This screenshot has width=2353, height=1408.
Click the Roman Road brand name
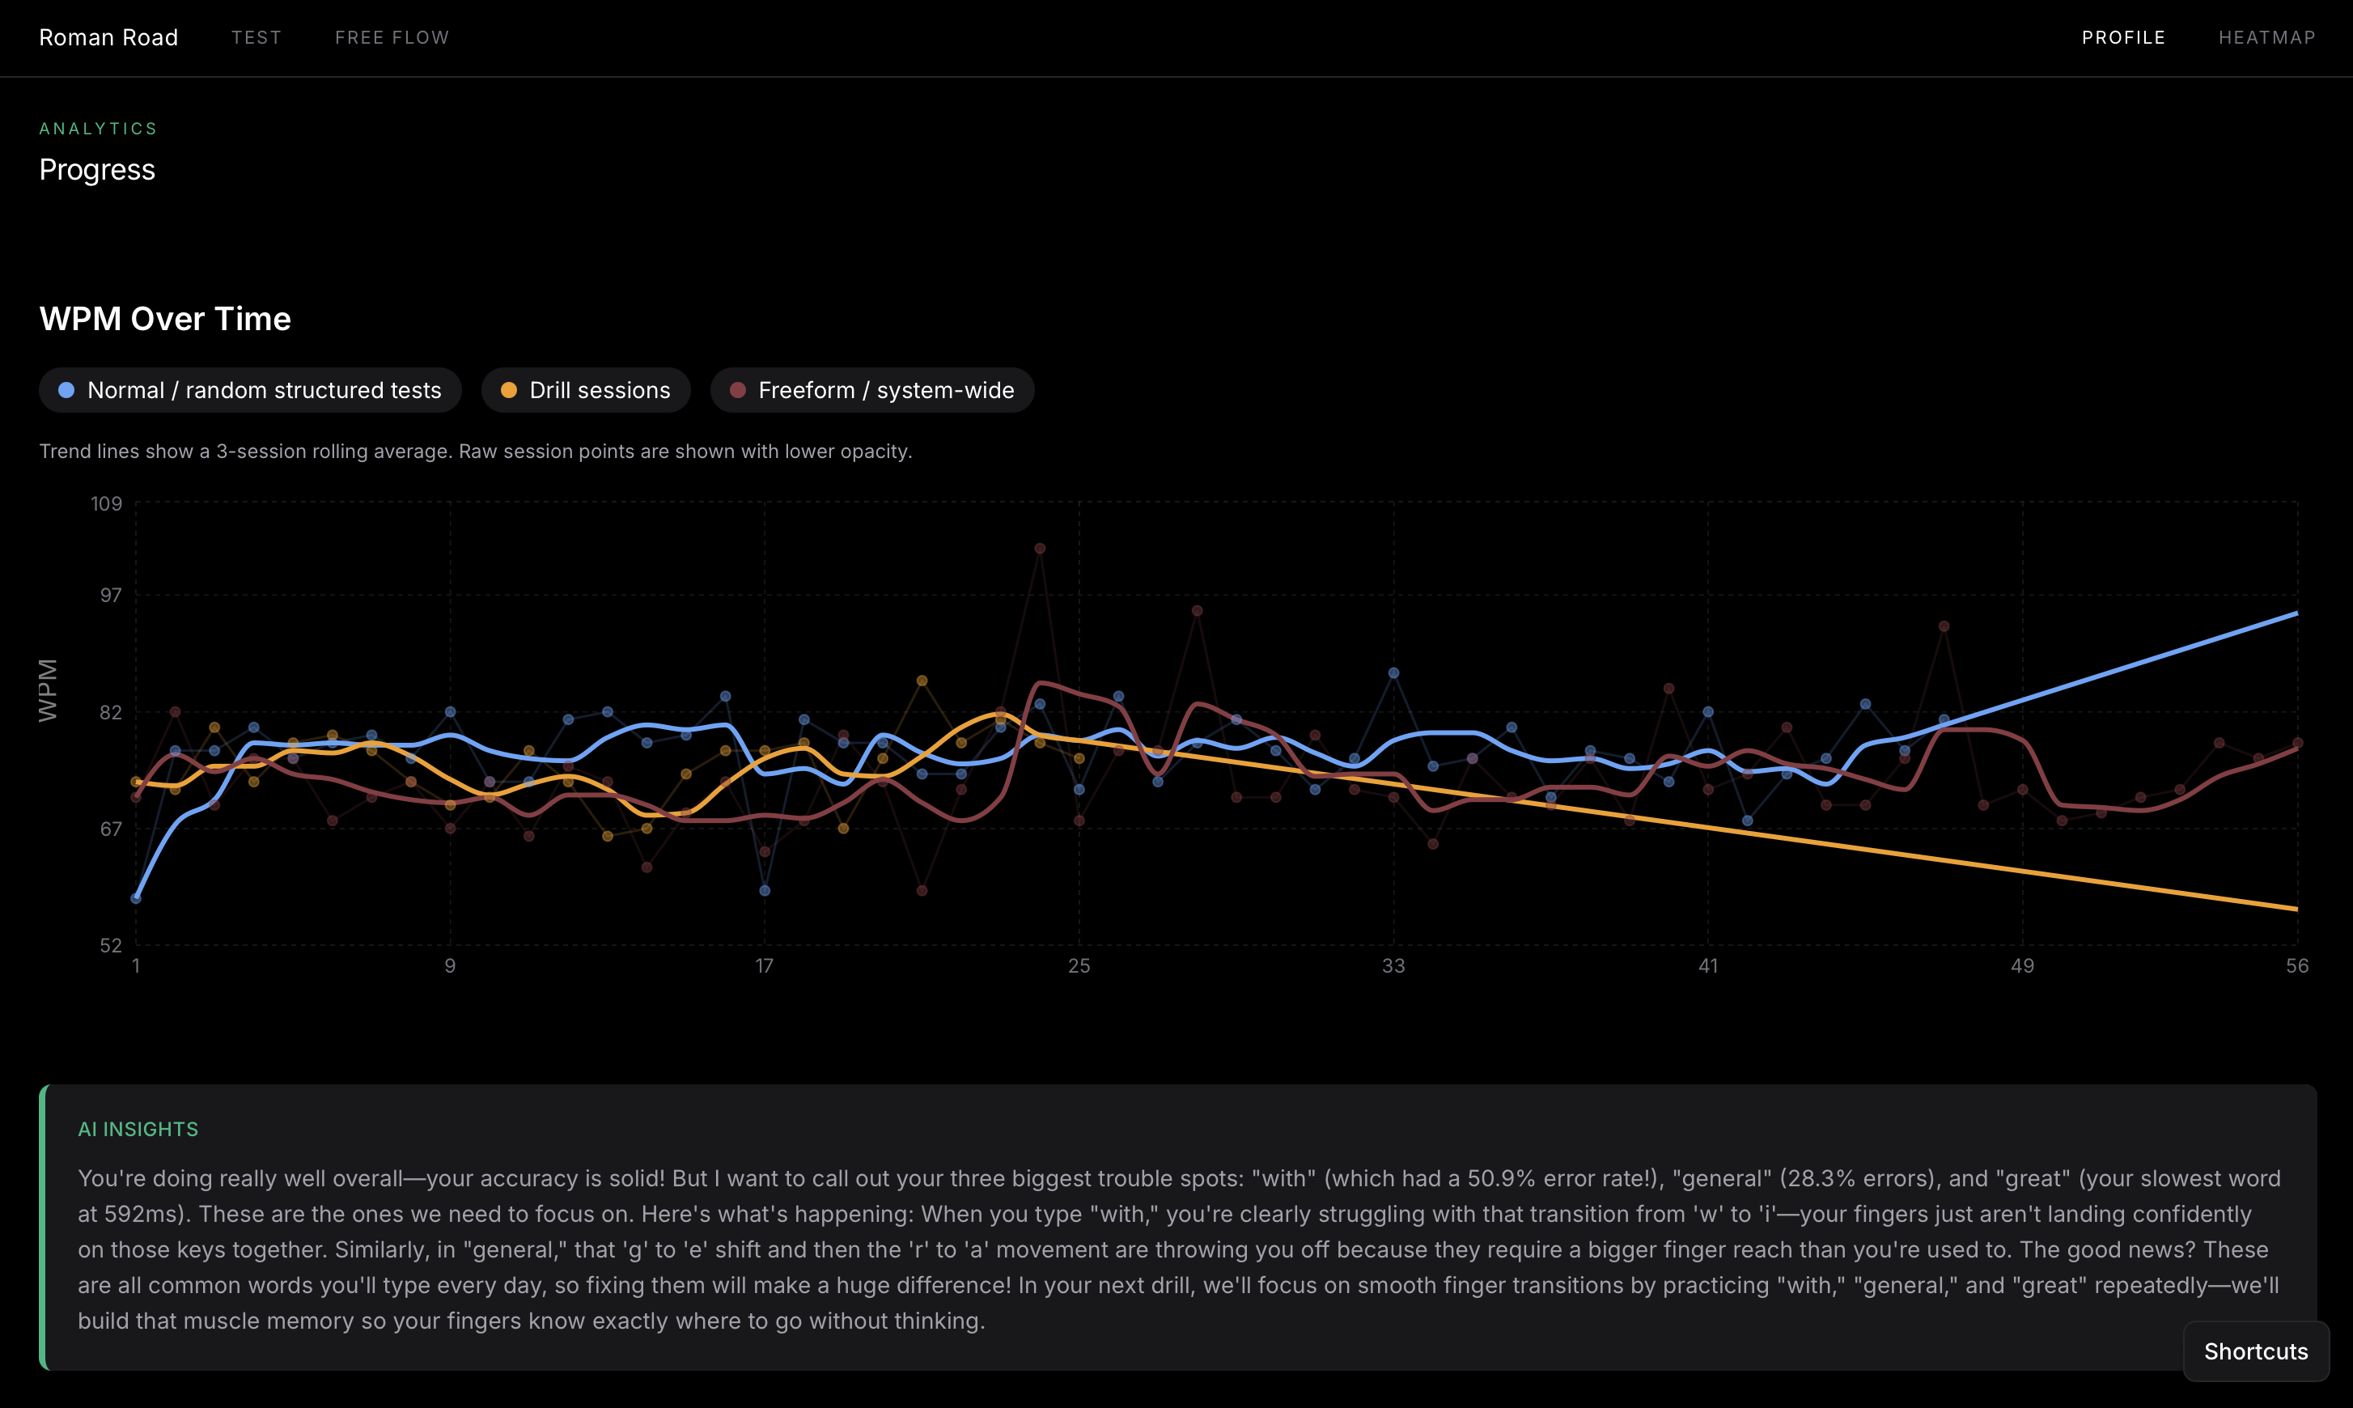tap(108, 37)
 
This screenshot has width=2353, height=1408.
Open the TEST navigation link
tap(256, 37)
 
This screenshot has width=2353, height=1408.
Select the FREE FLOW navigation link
tap(392, 37)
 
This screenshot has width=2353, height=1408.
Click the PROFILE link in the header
tap(2123, 37)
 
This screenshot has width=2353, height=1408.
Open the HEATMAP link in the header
tap(2266, 37)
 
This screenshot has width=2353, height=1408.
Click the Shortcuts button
tap(2255, 1351)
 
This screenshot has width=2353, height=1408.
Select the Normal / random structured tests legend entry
tap(251, 390)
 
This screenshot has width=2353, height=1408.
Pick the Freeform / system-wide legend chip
tap(872, 390)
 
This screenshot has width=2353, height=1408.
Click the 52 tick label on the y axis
tap(110, 945)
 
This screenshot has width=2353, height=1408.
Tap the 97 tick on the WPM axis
tap(110, 595)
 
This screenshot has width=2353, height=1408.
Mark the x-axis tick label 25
tap(1079, 966)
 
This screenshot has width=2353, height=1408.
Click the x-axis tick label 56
tap(2297, 966)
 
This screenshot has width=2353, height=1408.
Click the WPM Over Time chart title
tap(165, 319)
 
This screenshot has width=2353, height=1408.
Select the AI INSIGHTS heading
tap(138, 1129)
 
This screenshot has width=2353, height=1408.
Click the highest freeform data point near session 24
tap(1040, 549)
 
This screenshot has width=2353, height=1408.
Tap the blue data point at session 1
tap(136, 897)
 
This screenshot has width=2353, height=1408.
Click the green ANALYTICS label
tap(98, 128)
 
